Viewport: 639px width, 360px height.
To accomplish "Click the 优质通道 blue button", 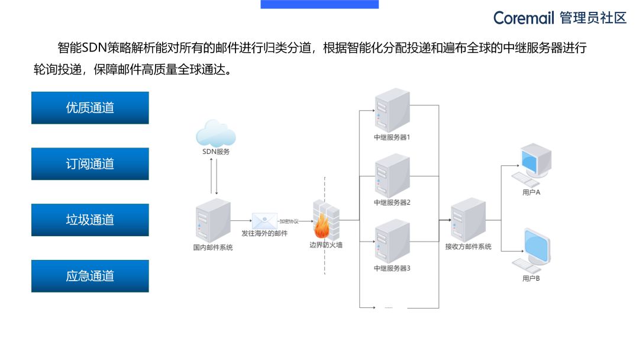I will click(x=90, y=108).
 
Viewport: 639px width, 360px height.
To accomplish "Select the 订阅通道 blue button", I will click(x=90, y=164).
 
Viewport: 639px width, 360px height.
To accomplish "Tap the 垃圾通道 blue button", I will click(x=90, y=220).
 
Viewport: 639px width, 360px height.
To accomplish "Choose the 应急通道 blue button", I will click(x=90, y=276).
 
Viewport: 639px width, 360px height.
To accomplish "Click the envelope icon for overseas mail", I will click(x=264, y=220).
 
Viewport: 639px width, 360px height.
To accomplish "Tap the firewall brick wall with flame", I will click(x=325, y=219).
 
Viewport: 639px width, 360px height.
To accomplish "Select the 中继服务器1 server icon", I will click(x=392, y=110).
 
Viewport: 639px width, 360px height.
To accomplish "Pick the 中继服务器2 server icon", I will click(x=392, y=176).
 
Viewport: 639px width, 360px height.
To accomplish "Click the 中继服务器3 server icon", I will click(x=392, y=242).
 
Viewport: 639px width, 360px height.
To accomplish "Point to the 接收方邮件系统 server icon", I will click(x=467, y=220).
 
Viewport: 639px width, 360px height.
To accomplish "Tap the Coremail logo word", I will click(x=524, y=18).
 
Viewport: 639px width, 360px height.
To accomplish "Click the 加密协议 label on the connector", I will click(x=289, y=221).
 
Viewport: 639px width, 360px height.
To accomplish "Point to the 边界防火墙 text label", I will click(x=325, y=245).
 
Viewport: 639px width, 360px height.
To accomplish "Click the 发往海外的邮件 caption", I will click(x=264, y=234).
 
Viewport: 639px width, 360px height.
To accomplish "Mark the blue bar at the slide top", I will click(x=319, y=4).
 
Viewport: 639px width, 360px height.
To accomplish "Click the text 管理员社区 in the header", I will click(x=593, y=18).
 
